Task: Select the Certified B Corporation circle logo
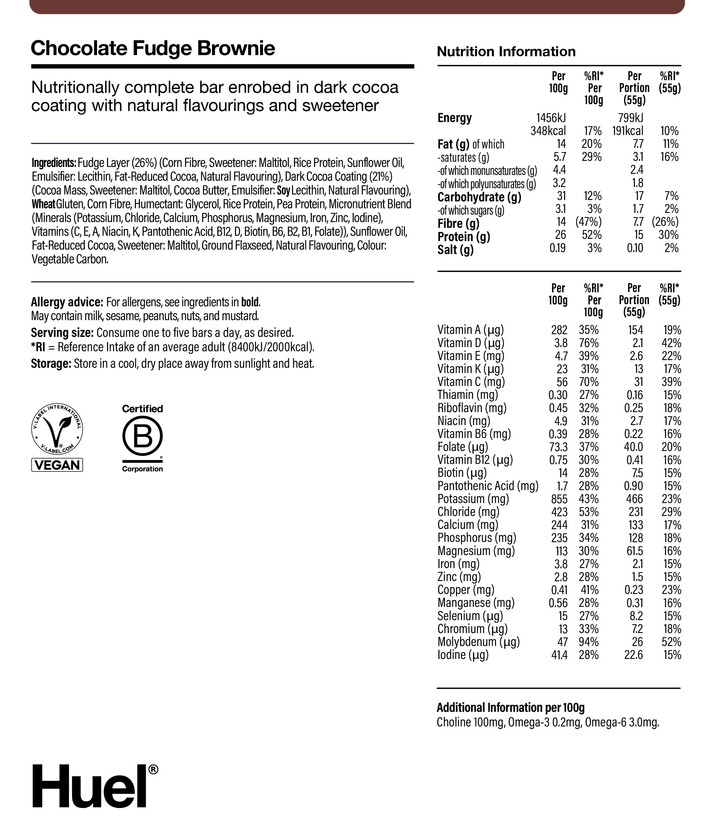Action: point(143,437)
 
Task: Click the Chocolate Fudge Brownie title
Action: point(153,48)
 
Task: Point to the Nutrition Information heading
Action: point(506,52)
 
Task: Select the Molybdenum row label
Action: point(478,642)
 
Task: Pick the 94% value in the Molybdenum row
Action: point(589,642)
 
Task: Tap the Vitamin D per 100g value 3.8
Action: point(561,343)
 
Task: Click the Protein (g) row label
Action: point(463,237)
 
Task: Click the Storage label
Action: point(51,364)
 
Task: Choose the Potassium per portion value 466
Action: point(634,499)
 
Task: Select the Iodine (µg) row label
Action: point(463,655)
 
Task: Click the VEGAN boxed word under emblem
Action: point(57,465)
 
